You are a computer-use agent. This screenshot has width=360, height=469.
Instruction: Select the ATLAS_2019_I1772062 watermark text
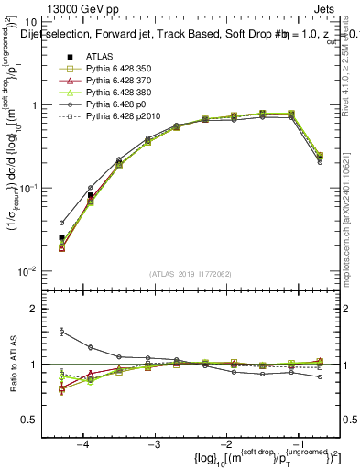189,273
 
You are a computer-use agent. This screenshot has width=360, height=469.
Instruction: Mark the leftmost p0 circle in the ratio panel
62,332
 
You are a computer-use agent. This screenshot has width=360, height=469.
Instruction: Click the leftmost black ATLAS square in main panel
62,238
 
